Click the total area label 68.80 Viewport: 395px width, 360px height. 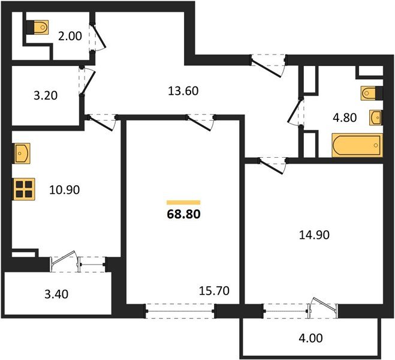click(x=183, y=213)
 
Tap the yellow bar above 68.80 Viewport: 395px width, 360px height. click(x=183, y=203)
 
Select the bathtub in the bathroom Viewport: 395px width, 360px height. click(x=356, y=145)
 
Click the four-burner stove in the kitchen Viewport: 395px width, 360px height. click(x=24, y=190)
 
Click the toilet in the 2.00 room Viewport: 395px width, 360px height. click(x=39, y=28)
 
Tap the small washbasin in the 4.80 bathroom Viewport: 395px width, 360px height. click(x=375, y=116)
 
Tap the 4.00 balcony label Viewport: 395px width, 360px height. click(x=310, y=338)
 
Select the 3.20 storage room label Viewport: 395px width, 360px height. click(x=45, y=95)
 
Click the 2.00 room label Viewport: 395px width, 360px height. click(x=69, y=35)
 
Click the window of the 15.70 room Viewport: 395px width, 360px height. click(x=180, y=311)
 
